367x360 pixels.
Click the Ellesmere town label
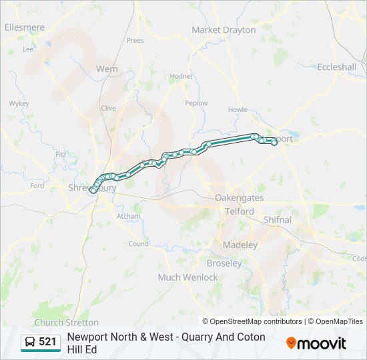coord(25,27)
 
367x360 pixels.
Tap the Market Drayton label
coord(224,30)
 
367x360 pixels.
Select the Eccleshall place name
coord(336,67)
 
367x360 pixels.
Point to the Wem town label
coord(107,69)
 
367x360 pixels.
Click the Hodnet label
coord(181,77)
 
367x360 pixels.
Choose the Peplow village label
coord(196,103)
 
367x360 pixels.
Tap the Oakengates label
coord(240,198)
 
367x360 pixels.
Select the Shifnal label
coord(278,219)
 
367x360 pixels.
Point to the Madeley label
coord(240,245)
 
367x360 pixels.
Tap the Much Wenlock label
coord(188,277)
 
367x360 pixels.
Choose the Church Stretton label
coord(66,323)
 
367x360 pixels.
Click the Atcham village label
coord(129,216)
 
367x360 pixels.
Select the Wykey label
coord(19,103)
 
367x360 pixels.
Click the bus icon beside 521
coord(31,342)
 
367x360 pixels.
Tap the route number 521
coord(48,342)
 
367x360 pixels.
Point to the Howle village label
coord(238,110)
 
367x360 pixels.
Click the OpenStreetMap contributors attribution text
coord(252,321)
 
